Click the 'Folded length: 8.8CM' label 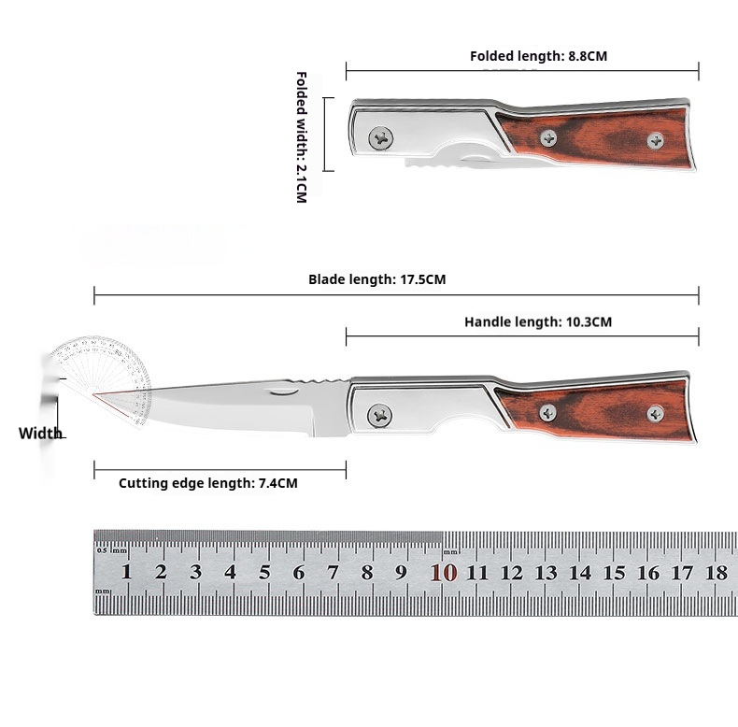[538, 56]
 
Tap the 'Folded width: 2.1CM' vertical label [301, 136]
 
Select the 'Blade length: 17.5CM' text [377, 279]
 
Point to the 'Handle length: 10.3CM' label [538, 322]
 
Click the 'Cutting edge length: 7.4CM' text [208, 483]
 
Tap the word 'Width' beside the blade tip [41, 434]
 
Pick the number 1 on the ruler [126, 572]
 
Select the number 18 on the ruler [717, 572]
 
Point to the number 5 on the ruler [264, 572]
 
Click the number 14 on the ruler [580, 572]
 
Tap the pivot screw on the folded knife [380, 138]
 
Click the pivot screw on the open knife [379, 415]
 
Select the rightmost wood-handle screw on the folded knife [656, 140]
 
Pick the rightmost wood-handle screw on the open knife [656, 413]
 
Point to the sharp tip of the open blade [95, 395]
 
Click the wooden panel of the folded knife [598, 138]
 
